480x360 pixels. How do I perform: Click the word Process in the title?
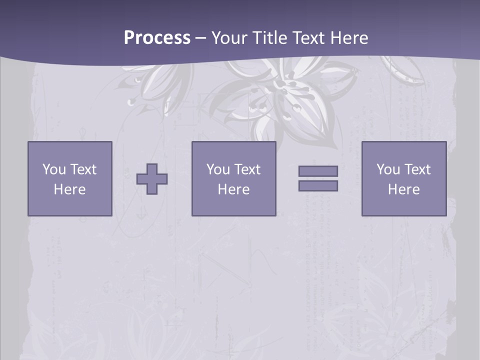point(157,38)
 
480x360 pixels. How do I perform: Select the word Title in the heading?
point(269,38)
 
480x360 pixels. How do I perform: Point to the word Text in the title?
point(307,38)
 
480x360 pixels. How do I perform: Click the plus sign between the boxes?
point(152,179)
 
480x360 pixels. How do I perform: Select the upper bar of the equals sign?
point(318,171)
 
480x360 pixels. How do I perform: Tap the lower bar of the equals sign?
point(318,186)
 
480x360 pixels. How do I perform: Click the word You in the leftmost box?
point(54,169)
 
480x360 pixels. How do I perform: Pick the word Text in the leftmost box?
point(83,169)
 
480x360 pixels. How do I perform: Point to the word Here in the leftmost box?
point(69,189)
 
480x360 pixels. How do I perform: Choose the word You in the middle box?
point(218,169)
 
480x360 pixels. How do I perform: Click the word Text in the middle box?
point(247,169)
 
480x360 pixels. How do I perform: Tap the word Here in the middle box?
point(233,189)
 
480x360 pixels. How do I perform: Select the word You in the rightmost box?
point(388,169)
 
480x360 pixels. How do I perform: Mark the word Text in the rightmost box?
point(417,169)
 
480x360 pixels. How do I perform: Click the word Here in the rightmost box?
point(403,189)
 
